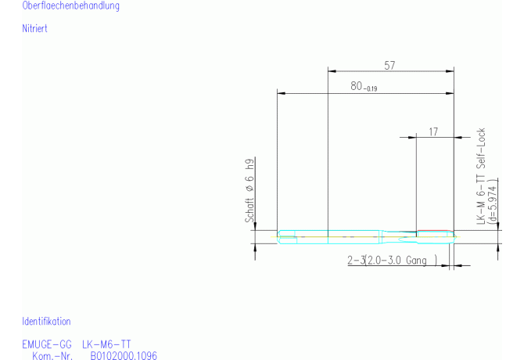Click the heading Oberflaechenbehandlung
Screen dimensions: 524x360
(70, 5)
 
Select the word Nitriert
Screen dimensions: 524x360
(34, 28)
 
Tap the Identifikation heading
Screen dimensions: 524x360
(46, 322)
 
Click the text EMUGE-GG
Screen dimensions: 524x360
(47, 344)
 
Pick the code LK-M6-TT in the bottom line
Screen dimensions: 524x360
(106, 344)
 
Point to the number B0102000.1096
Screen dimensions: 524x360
(124, 355)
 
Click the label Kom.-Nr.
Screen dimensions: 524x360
(52, 355)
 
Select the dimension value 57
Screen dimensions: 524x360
(389, 65)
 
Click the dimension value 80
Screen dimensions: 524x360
(356, 86)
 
